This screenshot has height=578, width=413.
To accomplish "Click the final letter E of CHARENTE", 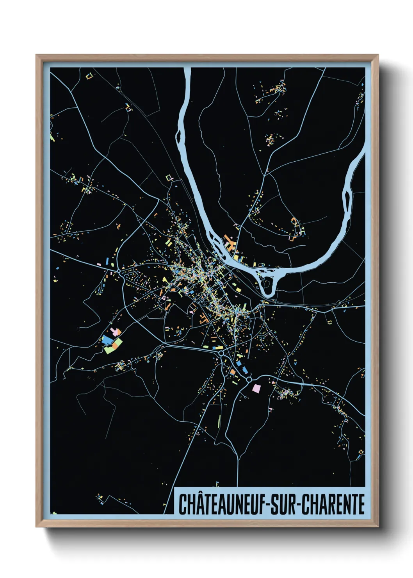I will click(x=361, y=504).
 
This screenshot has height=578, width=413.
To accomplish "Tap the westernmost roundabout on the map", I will click(x=119, y=270).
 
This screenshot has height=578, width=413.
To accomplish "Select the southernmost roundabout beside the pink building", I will click(x=249, y=379).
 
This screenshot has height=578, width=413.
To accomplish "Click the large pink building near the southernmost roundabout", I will click(x=256, y=388).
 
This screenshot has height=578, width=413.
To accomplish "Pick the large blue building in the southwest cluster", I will click(x=107, y=339).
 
